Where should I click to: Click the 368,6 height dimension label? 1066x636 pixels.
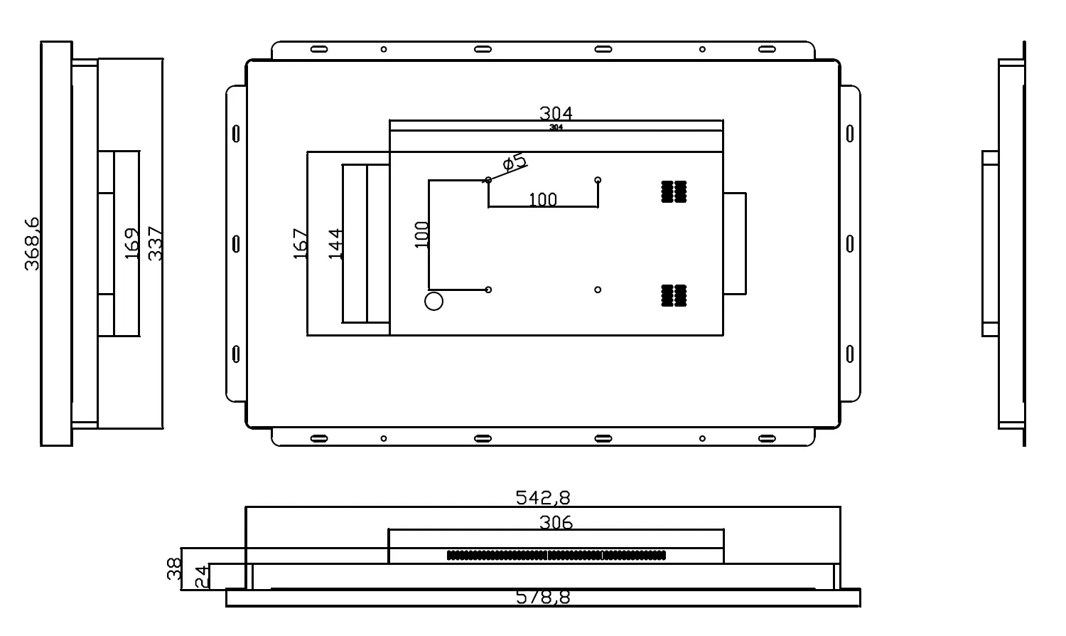(32, 244)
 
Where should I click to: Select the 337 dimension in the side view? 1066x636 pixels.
(156, 243)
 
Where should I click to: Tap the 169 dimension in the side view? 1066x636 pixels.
(131, 243)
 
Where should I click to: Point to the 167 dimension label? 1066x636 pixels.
(301, 243)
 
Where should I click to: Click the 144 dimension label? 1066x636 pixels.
(336, 243)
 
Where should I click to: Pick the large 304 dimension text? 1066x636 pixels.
(556, 113)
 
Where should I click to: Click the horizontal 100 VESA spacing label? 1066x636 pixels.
(543, 199)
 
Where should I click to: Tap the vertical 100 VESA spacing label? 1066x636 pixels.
(421, 234)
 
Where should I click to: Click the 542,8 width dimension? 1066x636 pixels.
(543, 497)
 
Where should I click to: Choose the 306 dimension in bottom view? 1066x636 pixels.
(556, 523)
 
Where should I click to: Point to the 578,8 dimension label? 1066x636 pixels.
(543, 597)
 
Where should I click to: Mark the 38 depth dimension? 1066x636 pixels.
(174, 568)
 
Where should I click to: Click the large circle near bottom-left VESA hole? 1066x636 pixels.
(434, 301)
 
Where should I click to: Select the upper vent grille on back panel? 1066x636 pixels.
(674, 191)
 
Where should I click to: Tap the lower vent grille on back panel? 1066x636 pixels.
(674, 295)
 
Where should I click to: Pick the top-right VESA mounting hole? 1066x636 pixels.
(598, 180)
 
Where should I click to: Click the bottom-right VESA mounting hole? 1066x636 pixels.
(598, 290)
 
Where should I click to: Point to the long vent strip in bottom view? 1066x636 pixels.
(556, 555)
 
